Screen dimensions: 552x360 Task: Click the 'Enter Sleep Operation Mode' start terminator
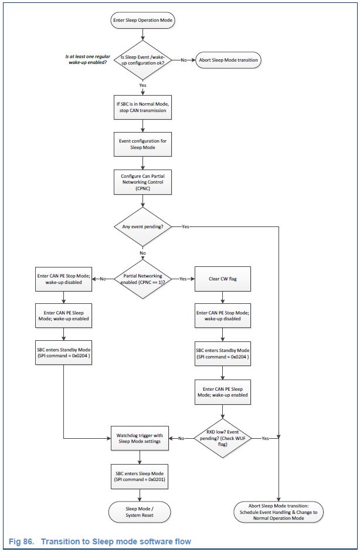[143, 21]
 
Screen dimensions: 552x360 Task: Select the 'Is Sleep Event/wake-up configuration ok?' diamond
[143, 60]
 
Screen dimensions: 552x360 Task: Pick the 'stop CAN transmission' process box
[143, 107]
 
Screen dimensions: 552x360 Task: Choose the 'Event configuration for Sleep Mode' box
[143, 144]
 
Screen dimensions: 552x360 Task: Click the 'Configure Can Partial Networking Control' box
[143, 182]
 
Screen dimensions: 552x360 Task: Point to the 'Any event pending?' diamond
[143, 226]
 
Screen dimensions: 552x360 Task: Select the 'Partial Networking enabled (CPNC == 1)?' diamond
[143, 279]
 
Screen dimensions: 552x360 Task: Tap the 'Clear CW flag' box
[223, 279]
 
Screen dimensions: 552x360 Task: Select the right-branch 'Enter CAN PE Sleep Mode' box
[223, 391]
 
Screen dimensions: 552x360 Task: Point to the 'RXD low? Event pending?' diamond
[223, 438]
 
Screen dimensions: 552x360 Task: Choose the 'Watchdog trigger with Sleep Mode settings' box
[140, 438]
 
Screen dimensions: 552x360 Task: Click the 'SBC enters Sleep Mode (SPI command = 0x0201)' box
[140, 476]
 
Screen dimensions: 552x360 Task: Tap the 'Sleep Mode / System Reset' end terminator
[140, 512]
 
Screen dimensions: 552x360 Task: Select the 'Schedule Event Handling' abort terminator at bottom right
[278, 512]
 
